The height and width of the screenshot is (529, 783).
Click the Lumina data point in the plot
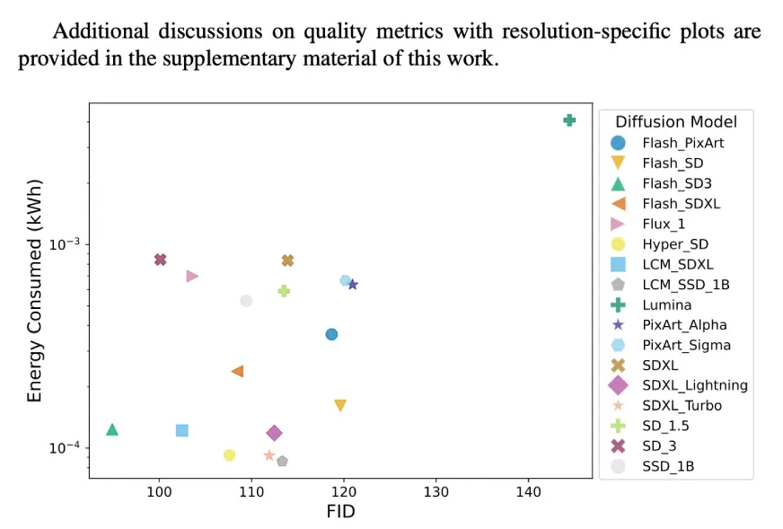point(569,120)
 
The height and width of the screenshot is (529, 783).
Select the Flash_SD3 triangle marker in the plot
point(112,429)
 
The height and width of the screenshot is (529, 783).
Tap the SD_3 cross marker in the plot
point(160,260)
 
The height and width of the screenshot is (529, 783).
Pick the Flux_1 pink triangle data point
point(192,276)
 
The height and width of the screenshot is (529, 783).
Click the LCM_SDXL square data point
point(182,430)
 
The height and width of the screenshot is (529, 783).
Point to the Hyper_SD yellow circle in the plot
point(229,455)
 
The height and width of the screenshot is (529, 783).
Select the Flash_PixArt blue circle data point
point(331,334)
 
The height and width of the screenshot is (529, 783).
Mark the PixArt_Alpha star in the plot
point(353,285)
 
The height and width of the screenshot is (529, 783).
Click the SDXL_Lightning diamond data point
point(275,433)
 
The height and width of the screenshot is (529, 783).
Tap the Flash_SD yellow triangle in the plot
point(340,405)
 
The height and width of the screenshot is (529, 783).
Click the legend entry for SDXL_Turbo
point(682,406)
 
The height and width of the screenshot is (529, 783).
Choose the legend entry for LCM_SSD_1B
point(685,285)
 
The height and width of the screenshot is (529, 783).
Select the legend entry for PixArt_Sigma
point(686,345)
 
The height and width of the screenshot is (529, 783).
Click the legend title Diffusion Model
point(676,122)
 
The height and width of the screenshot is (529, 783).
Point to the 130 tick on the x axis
point(435,492)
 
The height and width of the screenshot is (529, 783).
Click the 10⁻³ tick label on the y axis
point(65,244)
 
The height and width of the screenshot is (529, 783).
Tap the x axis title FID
point(340,512)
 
